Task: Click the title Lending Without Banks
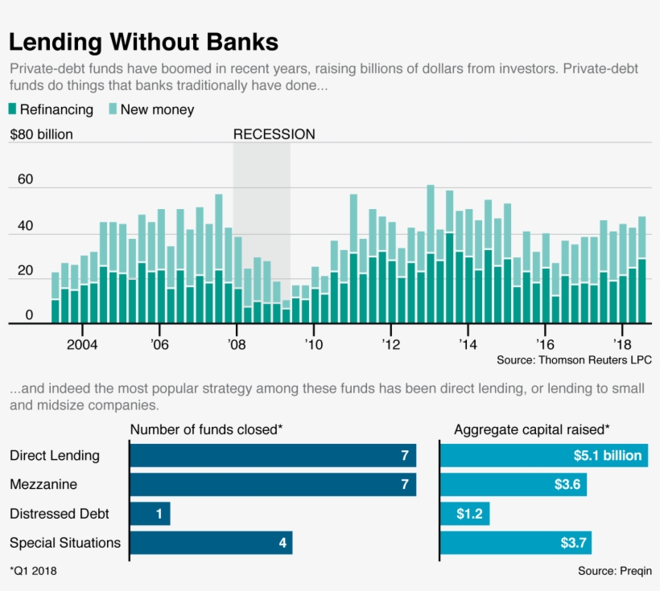(143, 42)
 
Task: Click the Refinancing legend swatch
(12, 109)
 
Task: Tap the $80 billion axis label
(41, 134)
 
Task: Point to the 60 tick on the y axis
(25, 179)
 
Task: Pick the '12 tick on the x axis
(390, 344)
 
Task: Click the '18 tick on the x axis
(622, 344)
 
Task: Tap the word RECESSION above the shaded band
(274, 134)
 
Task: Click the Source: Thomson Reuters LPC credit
(574, 359)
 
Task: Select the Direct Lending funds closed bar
(273, 456)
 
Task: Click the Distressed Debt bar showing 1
(150, 514)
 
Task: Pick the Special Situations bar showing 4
(211, 543)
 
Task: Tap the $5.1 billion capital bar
(544, 456)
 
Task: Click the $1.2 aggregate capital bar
(465, 514)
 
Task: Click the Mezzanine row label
(43, 485)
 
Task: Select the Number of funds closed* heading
(206, 429)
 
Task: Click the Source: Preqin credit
(614, 571)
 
